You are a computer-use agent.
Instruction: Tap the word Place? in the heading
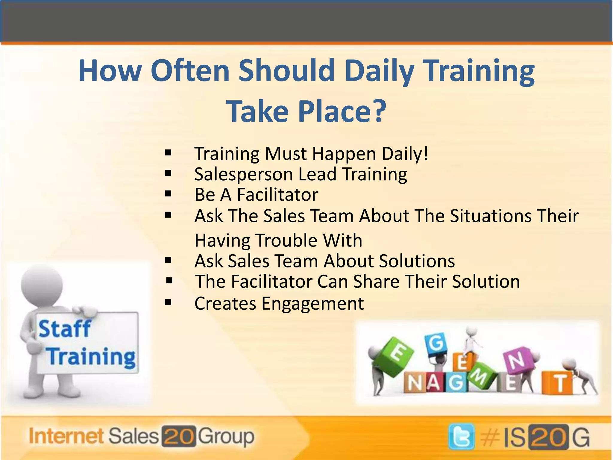pos(342,111)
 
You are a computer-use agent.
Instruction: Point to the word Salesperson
pos(243,174)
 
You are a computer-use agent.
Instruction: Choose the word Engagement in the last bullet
pos(312,303)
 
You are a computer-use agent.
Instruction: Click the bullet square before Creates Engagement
pos(168,303)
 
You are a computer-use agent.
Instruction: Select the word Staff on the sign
pos(64,329)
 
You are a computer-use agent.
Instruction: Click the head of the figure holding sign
pos(42,285)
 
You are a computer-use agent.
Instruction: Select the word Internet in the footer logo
pos(66,436)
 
